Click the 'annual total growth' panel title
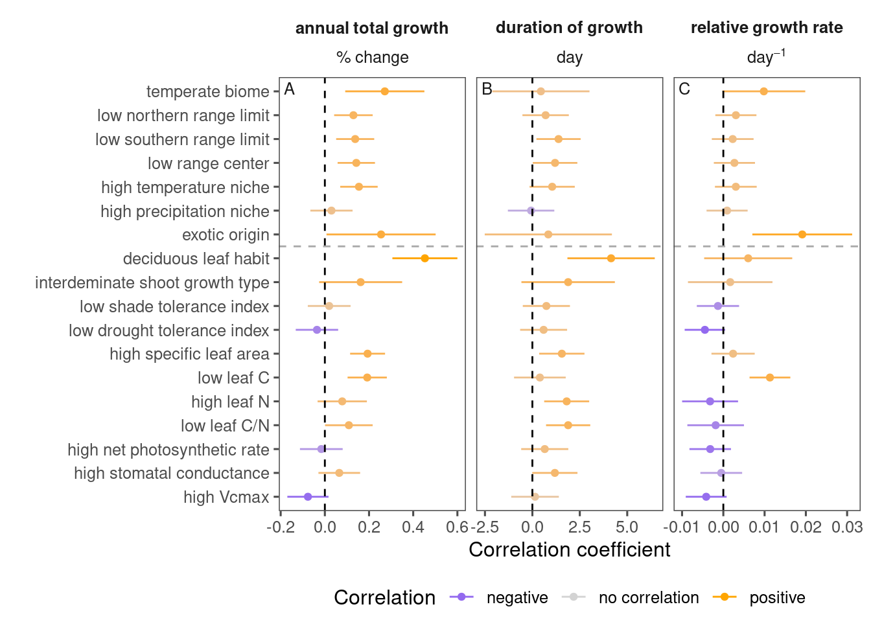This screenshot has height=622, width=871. [x=372, y=29]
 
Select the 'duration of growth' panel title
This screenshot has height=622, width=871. [x=569, y=28]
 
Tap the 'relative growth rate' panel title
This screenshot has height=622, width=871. [x=767, y=28]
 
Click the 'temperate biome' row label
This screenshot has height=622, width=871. [x=207, y=92]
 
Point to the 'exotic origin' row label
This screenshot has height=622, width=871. [x=226, y=235]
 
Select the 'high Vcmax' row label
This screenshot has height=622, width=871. [x=226, y=498]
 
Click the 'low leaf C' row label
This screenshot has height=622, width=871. [x=233, y=378]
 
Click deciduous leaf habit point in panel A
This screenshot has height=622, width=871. [x=424, y=259]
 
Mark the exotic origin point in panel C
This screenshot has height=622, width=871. [x=802, y=235]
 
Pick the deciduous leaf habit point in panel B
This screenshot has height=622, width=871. [x=611, y=259]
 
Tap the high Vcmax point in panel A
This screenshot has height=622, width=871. [x=308, y=497]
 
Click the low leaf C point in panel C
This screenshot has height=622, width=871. [x=770, y=377]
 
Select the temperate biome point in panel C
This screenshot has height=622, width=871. [x=763, y=91]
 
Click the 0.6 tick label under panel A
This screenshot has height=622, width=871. [x=457, y=527]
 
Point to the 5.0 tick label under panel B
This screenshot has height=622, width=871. [x=627, y=527]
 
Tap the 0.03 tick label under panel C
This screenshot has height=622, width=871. [x=847, y=527]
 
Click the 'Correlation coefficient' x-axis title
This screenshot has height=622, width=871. [x=569, y=550]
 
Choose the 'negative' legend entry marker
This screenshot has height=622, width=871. [x=462, y=597]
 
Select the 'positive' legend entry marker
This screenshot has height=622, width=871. [x=725, y=597]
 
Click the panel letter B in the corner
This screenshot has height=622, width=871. [x=487, y=89]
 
